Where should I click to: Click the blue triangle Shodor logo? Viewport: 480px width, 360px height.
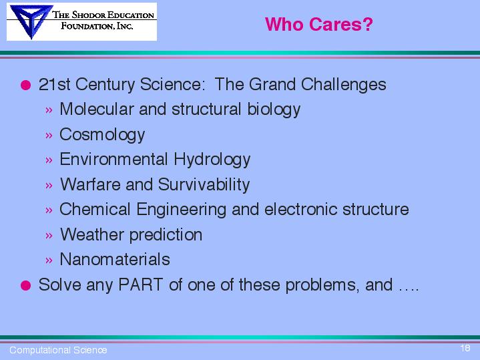click(31, 21)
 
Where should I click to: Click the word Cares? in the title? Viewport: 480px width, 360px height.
click(341, 24)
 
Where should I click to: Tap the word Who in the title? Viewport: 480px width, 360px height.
click(284, 24)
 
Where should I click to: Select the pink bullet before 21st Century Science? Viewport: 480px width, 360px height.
click(26, 85)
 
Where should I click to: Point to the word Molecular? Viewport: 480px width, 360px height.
click(97, 109)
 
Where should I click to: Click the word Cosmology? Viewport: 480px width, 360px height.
click(102, 135)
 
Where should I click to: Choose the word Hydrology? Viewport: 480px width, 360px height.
click(212, 160)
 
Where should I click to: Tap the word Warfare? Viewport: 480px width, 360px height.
click(90, 184)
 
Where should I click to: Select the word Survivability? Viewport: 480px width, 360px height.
click(204, 185)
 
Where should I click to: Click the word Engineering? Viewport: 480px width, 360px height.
click(181, 210)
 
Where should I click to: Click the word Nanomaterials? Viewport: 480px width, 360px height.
click(115, 259)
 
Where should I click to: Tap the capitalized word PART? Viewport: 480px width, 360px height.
click(140, 285)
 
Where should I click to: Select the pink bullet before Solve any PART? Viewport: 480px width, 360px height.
click(26, 285)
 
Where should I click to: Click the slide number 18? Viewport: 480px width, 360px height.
click(465, 348)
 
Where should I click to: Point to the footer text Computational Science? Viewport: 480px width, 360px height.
click(58, 350)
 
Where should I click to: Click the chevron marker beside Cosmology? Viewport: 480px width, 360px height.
click(49, 135)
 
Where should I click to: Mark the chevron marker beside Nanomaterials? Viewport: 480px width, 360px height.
click(49, 260)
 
